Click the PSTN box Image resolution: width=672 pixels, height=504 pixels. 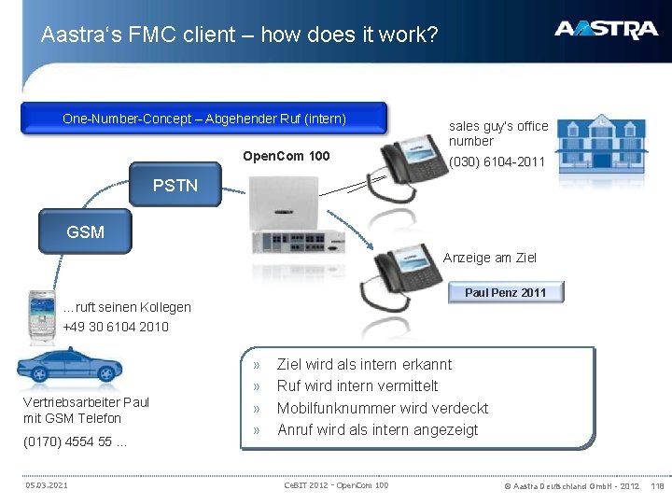(x=175, y=186)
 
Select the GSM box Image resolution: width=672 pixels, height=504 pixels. (x=85, y=232)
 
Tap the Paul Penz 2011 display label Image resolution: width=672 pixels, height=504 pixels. (x=505, y=293)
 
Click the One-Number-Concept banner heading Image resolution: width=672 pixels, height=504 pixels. (x=203, y=119)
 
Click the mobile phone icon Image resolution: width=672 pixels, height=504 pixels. (x=42, y=313)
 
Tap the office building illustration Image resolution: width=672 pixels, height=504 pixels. (x=606, y=146)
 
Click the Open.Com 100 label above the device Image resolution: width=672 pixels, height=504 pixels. (x=286, y=156)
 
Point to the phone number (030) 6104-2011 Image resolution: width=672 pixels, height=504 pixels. (x=497, y=161)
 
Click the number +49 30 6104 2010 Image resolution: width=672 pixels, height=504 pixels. (x=116, y=327)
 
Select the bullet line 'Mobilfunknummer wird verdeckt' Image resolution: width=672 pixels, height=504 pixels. (x=382, y=408)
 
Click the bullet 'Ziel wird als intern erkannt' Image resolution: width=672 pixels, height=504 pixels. (x=364, y=364)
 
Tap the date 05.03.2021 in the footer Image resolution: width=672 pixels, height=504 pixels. (x=46, y=485)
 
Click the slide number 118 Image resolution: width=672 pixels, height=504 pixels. (x=658, y=485)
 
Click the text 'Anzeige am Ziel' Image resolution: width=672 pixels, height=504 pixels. (x=490, y=258)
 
